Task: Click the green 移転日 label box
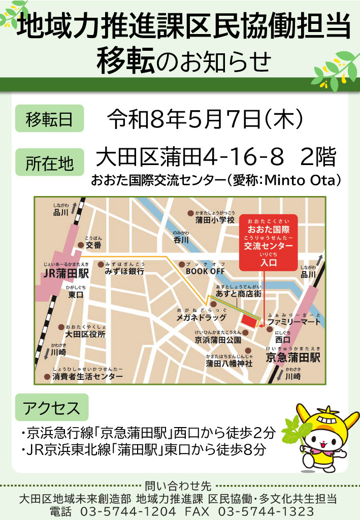pyautogui.click(x=49, y=119)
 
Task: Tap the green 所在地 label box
pyautogui.click(x=49, y=164)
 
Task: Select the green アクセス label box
pyautogui.click(x=51, y=408)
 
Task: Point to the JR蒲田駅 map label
pyautogui.click(x=66, y=274)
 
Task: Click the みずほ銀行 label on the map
pyautogui.click(x=124, y=271)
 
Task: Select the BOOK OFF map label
pyautogui.click(x=205, y=271)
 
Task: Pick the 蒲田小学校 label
pyautogui.click(x=214, y=220)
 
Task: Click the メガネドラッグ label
pyautogui.click(x=201, y=317)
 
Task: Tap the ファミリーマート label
pyautogui.click(x=294, y=322)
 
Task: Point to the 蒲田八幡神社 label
pyautogui.click(x=229, y=364)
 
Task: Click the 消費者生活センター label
pyautogui.click(x=88, y=376)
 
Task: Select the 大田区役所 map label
pyautogui.click(x=85, y=334)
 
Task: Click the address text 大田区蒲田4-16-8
pyautogui.click(x=189, y=158)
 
